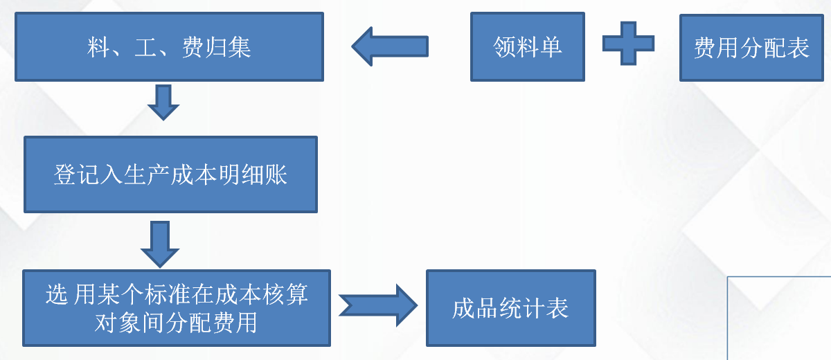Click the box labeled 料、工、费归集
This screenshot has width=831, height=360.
(x=169, y=46)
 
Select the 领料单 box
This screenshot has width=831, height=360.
(x=527, y=46)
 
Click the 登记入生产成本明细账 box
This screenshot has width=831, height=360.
(x=170, y=174)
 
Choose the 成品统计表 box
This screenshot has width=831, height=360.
(x=510, y=308)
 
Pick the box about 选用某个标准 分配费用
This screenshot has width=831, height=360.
(x=177, y=308)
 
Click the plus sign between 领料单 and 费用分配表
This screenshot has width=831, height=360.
(x=628, y=43)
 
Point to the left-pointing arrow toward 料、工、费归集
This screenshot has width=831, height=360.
(x=390, y=46)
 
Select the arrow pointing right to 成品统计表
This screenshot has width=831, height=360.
(x=378, y=305)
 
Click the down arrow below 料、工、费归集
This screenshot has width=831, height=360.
(x=163, y=102)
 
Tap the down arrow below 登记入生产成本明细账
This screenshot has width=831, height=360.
(x=160, y=243)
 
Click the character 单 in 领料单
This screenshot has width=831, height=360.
(x=551, y=46)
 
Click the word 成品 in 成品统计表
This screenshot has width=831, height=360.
(x=475, y=308)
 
